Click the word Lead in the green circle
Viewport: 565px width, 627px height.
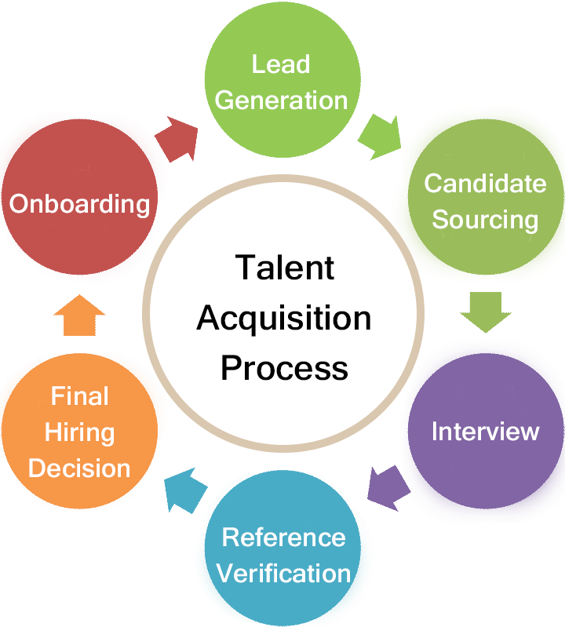click(281, 64)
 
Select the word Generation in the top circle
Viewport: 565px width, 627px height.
click(281, 100)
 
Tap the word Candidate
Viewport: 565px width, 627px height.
click(484, 184)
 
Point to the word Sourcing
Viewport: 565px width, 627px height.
click(484, 220)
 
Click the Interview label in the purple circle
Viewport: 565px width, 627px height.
click(485, 432)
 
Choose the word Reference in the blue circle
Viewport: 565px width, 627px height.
click(283, 538)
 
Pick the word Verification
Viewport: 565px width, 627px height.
click(283, 574)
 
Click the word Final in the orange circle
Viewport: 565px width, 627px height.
click(79, 396)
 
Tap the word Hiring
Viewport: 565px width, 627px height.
click(79, 432)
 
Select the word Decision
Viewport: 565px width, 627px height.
click(79, 468)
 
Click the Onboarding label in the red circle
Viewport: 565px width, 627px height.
click(79, 204)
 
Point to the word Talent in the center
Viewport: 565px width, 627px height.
click(284, 268)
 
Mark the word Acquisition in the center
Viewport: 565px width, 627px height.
click(284, 319)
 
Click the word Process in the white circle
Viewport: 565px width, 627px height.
click(284, 368)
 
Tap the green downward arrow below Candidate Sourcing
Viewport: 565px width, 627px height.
click(480, 312)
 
